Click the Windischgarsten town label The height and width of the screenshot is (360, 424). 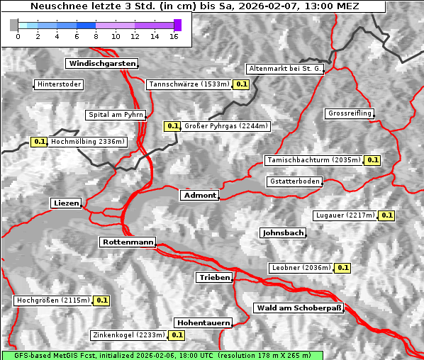(101, 64)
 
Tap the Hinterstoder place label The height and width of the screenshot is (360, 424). (60, 84)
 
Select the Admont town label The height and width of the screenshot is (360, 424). (200, 195)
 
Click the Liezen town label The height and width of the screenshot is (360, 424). (67, 203)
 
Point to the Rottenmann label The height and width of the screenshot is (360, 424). (128, 242)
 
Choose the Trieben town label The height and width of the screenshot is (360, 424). (214, 278)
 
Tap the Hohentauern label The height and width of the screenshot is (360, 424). (203, 322)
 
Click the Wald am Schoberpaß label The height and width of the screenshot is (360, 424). (298, 308)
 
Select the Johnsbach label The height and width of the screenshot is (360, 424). (284, 232)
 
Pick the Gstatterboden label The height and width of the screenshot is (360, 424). (294, 181)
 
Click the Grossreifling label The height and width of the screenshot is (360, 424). (350, 113)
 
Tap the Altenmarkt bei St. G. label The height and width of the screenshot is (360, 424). (285, 69)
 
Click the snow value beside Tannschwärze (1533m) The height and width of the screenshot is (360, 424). (242, 84)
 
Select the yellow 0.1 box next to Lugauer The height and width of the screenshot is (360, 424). (386, 215)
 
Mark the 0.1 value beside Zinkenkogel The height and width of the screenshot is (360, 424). (177, 335)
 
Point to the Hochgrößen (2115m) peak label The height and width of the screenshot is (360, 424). (53, 300)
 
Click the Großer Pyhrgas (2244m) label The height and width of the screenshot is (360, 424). (225, 126)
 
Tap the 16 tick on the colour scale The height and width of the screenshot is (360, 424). (173, 36)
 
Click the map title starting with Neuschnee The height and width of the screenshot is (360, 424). (194, 6)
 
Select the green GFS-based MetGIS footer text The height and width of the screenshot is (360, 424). (162, 355)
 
